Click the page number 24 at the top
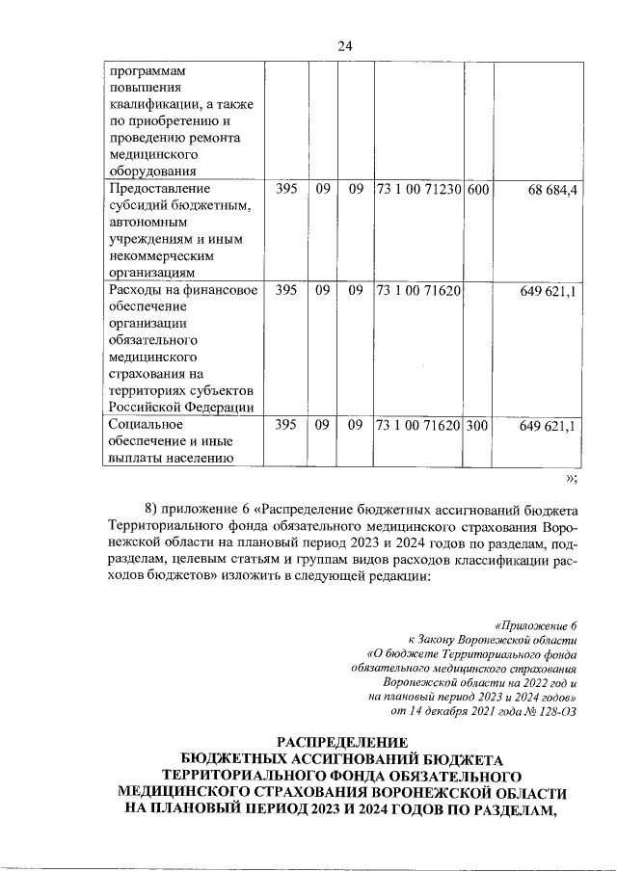(x=345, y=45)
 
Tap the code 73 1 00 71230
(x=419, y=189)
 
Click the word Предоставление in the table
(x=159, y=189)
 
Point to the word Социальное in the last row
(x=145, y=424)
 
